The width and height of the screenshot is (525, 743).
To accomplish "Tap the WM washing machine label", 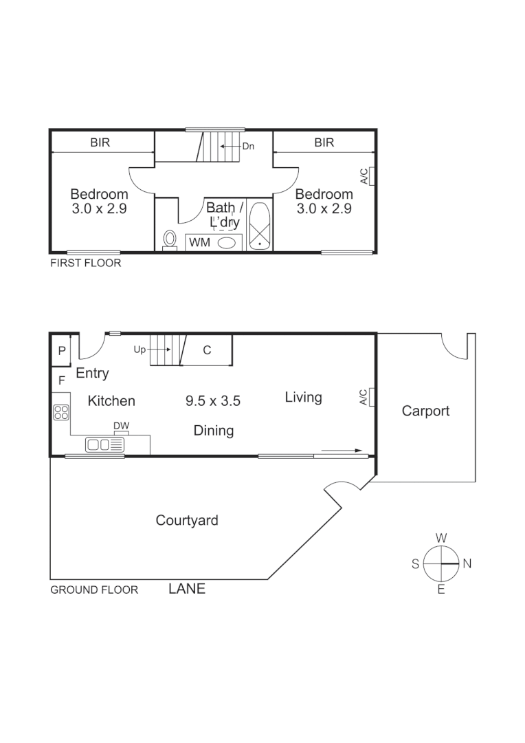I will (199, 242).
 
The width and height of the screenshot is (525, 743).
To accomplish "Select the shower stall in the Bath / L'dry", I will (260, 226).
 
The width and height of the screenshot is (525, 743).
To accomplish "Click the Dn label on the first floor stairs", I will (248, 147).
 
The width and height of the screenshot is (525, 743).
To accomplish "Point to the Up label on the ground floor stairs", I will (140, 349).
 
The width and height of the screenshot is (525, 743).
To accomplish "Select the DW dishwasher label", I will (121, 427).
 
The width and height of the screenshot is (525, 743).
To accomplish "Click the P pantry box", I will (61, 351).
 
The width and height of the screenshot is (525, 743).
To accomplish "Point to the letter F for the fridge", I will (61, 380).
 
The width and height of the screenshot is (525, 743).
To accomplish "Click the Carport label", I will (425, 411).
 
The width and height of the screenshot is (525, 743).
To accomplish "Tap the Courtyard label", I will (187, 520).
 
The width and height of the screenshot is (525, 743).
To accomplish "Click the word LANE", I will (187, 589).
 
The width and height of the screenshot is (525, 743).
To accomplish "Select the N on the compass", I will (467, 563).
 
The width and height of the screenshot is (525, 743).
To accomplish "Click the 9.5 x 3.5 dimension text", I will (213, 401).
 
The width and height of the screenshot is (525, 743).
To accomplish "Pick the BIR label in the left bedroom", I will (100, 143).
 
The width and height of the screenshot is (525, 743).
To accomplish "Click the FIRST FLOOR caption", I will (86, 263).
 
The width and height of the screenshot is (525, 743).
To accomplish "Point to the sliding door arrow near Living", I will (342, 451).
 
